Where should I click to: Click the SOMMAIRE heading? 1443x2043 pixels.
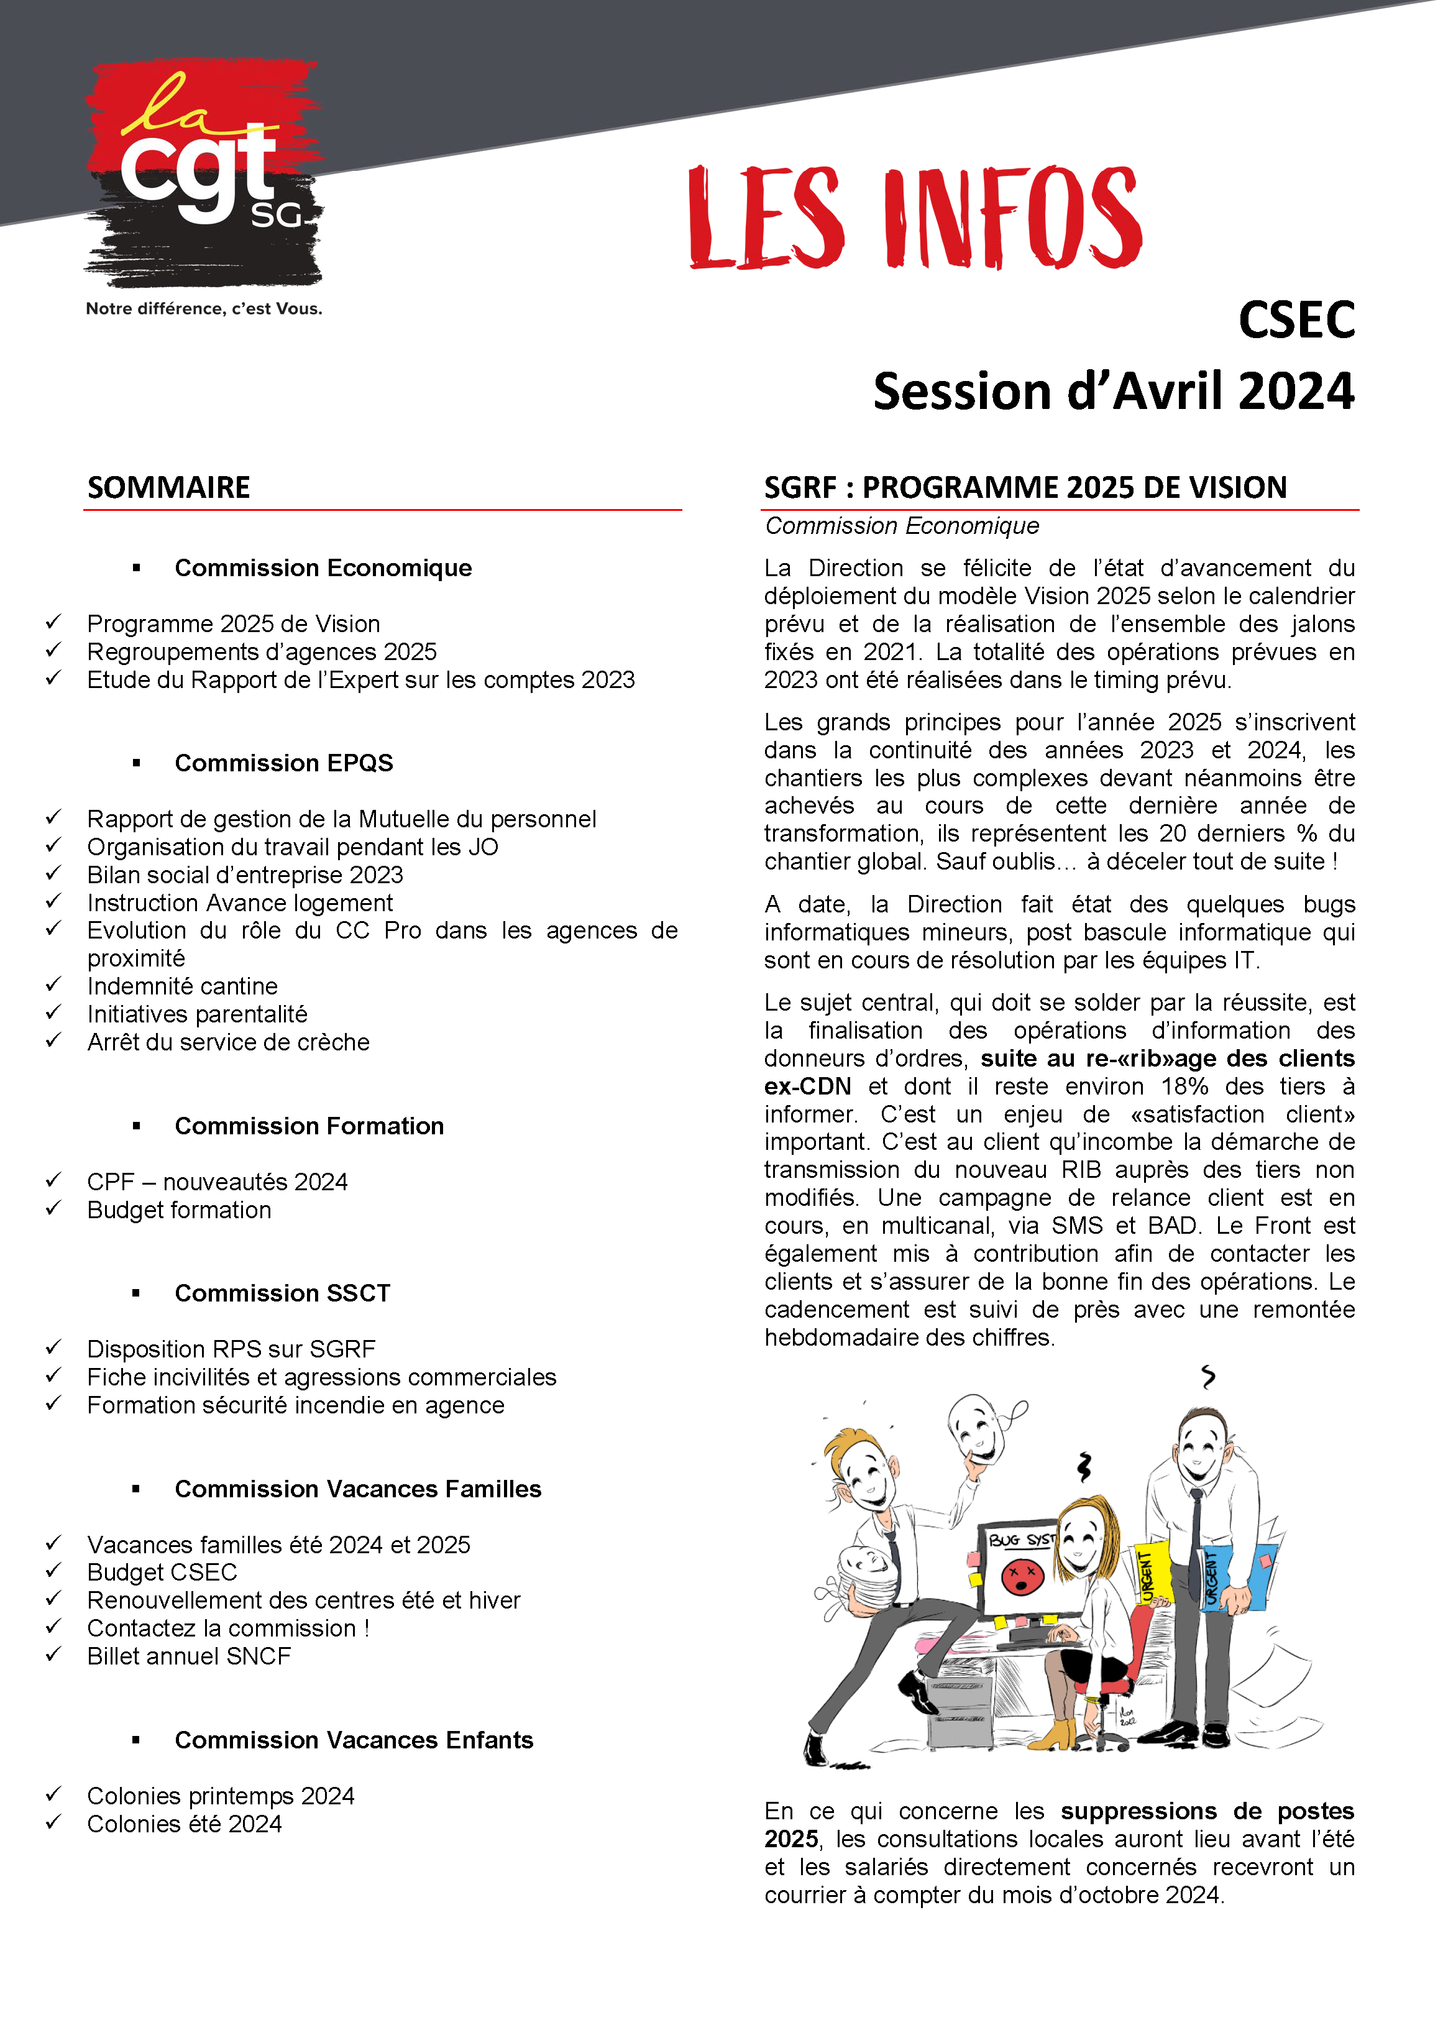[x=168, y=488]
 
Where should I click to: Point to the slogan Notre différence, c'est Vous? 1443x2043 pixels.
[x=204, y=309]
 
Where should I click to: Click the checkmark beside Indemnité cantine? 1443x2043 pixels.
[x=54, y=984]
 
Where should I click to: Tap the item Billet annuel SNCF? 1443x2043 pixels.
[x=188, y=1656]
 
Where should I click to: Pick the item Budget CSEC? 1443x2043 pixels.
[x=162, y=1572]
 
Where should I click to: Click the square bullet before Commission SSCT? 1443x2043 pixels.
[x=136, y=1293]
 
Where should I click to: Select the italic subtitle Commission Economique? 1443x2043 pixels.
[x=901, y=526]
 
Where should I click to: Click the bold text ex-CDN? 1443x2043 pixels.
[x=807, y=1086]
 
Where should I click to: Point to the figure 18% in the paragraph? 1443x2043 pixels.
[x=1184, y=1086]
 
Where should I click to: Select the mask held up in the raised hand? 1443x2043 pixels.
[x=977, y=1425]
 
